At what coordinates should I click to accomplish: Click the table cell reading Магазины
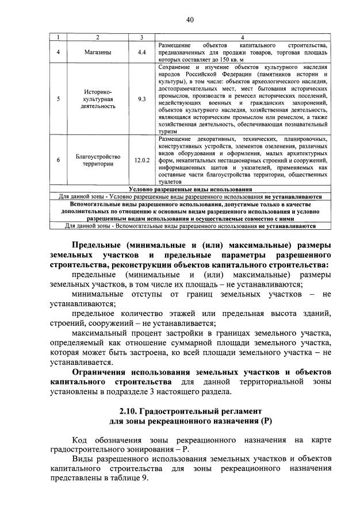[x=97, y=52]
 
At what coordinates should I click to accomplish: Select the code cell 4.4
[x=141, y=52]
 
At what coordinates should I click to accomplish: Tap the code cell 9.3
[x=141, y=99]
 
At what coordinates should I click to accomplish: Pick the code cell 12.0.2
[x=141, y=160]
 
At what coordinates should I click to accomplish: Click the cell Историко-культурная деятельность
[x=97, y=99]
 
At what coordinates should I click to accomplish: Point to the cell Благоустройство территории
[x=97, y=160]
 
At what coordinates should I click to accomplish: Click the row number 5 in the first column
[x=58, y=99]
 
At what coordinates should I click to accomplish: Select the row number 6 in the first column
[x=58, y=160]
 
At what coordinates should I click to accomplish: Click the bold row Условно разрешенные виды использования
[x=190, y=189]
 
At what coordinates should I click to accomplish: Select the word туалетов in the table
[x=170, y=183]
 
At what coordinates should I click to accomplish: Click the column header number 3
[x=141, y=37]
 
